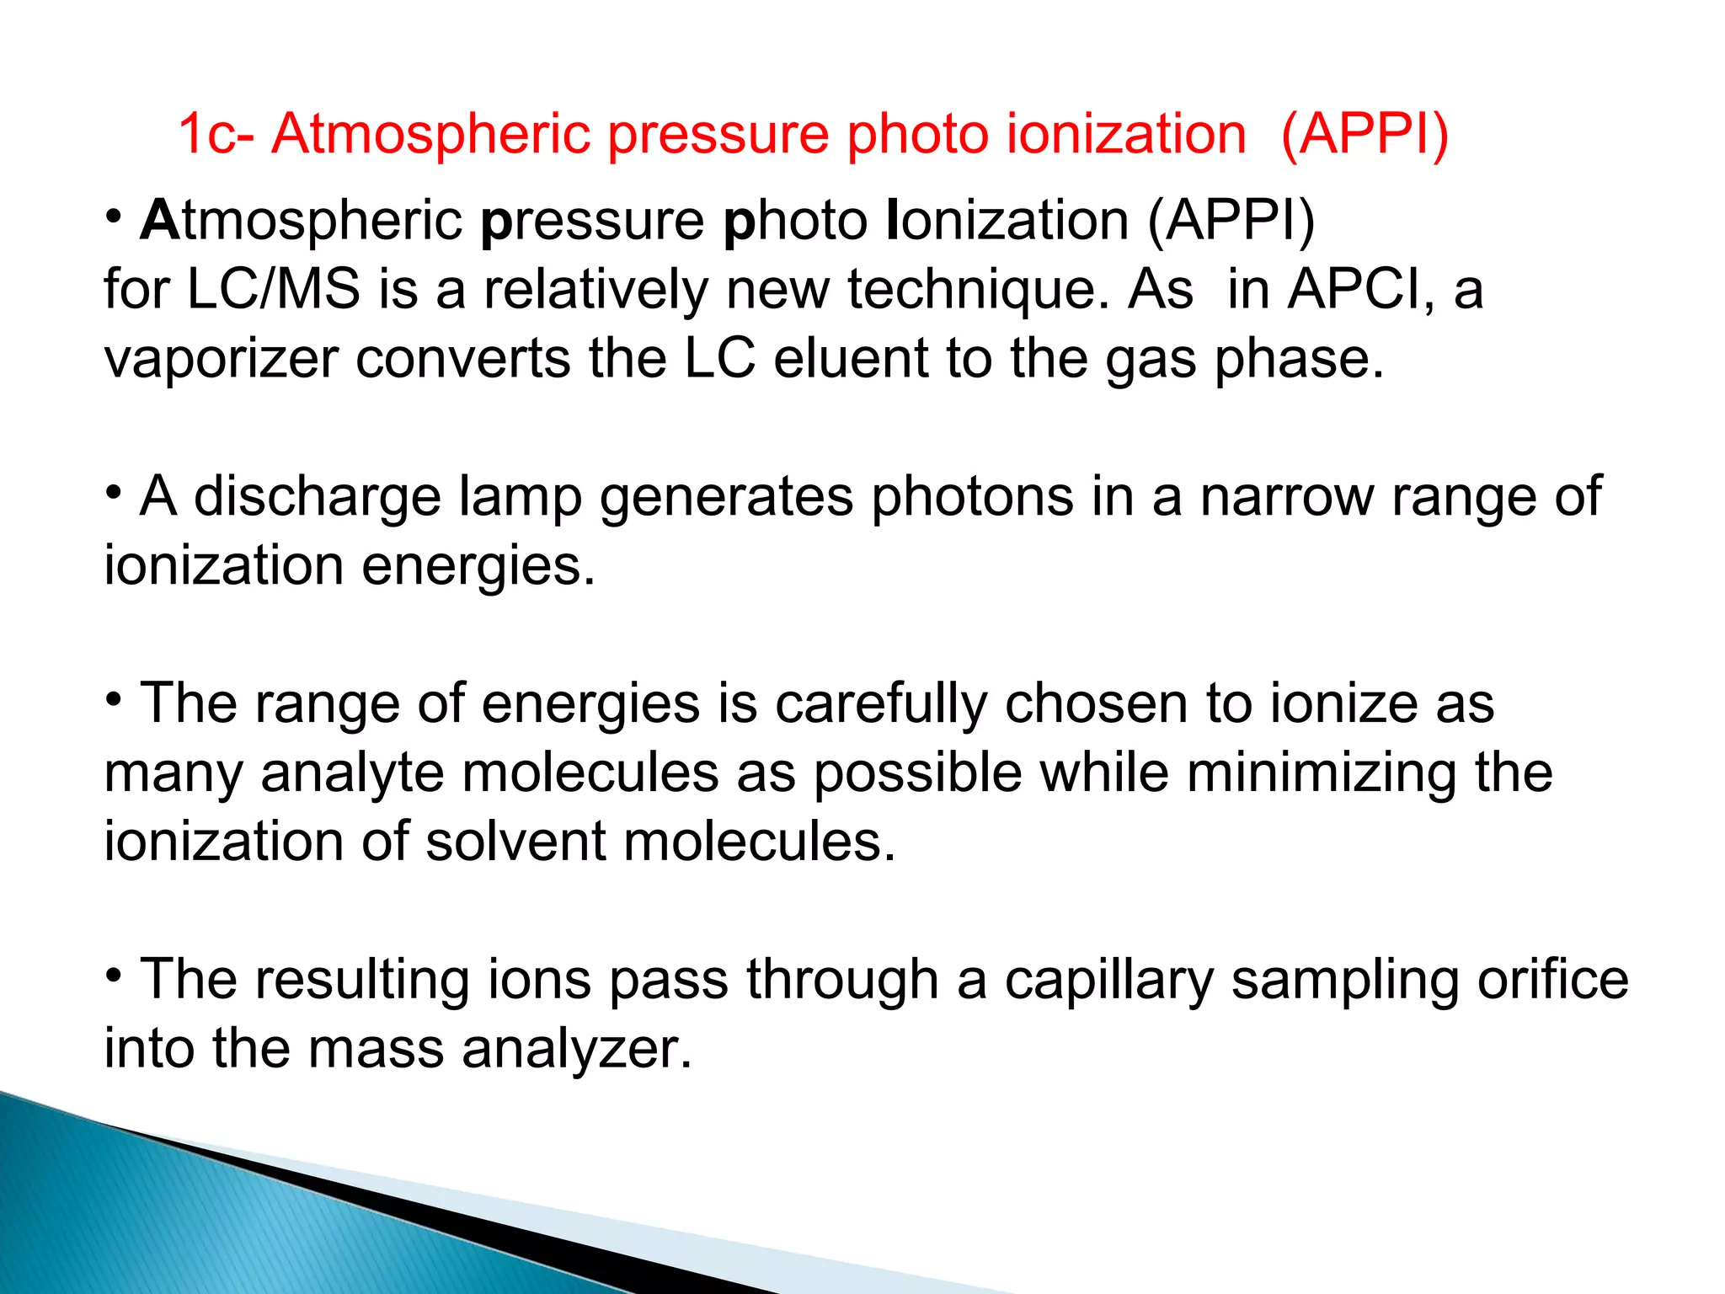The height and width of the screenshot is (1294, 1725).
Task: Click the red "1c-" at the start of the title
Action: pyautogui.click(x=216, y=135)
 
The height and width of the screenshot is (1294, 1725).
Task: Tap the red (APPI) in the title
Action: pyautogui.click(x=1365, y=135)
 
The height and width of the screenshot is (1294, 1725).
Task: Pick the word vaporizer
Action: pyautogui.click(x=222, y=359)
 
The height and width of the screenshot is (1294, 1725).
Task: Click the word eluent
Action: pyautogui.click(x=851, y=359)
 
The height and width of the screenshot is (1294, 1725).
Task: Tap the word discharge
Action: pyautogui.click(x=318, y=497)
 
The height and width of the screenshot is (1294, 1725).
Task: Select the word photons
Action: pyautogui.click(x=972, y=497)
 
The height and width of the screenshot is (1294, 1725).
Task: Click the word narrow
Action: pyautogui.click(x=1287, y=497)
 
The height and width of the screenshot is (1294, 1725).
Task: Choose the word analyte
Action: pyautogui.click(x=352, y=773)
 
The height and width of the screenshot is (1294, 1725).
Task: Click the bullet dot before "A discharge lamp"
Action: pyautogui.click(x=115, y=491)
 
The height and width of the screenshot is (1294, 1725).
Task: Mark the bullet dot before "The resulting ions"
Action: pyautogui.click(x=115, y=975)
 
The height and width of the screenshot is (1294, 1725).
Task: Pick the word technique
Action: pyautogui.click(x=978, y=290)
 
